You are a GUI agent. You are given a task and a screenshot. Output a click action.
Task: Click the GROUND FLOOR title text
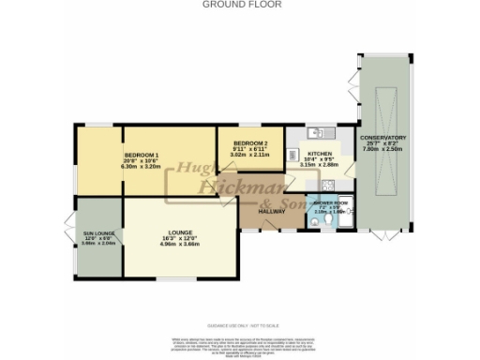tap(239, 5)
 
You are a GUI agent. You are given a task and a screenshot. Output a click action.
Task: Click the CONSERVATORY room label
tap(382, 138)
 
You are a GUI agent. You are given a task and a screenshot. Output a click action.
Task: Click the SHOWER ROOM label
tap(331, 202)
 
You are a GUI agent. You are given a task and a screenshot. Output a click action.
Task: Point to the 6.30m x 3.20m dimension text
tap(143, 166)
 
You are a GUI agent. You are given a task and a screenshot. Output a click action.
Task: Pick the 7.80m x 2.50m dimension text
tap(382, 149)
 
